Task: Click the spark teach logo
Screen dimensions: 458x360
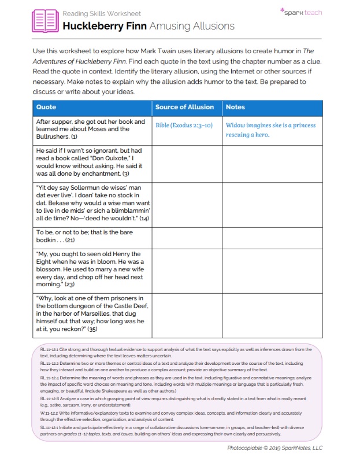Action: [300, 12]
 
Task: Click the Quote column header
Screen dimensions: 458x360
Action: [46, 107]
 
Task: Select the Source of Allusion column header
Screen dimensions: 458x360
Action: [185, 107]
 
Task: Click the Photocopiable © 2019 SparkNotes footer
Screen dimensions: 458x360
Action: [274, 448]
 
